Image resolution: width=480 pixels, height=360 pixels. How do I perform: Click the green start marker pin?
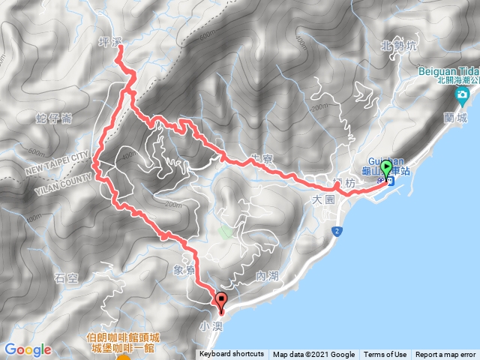click(x=385, y=168)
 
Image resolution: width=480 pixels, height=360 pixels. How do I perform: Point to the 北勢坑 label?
click(x=399, y=46)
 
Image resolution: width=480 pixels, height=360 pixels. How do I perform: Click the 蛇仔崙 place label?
click(x=53, y=118)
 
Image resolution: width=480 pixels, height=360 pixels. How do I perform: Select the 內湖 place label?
click(x=267, y=276)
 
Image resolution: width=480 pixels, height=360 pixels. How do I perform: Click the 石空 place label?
click(x=67, y=279)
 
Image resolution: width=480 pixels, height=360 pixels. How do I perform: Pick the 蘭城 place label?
click(x=455, y=118)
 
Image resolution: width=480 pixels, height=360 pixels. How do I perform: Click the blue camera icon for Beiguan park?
click(x=462, y=95)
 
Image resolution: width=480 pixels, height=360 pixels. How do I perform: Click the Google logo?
click(x=28, y=350)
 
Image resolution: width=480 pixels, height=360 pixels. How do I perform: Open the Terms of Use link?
click(x=385, y=355)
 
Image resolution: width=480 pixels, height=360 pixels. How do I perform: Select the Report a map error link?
click(x=445, y=355)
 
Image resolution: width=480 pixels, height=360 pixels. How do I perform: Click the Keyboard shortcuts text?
click(x=232, y=355)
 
